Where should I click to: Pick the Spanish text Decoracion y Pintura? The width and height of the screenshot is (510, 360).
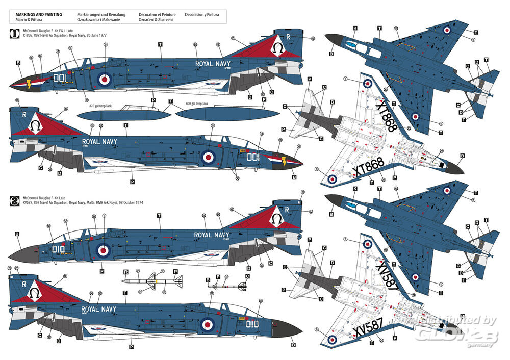pos(202,15)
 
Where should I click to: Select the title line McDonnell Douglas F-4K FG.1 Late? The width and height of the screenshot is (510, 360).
pos(48,33)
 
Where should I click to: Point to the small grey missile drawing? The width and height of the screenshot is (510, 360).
pos(227,286)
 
